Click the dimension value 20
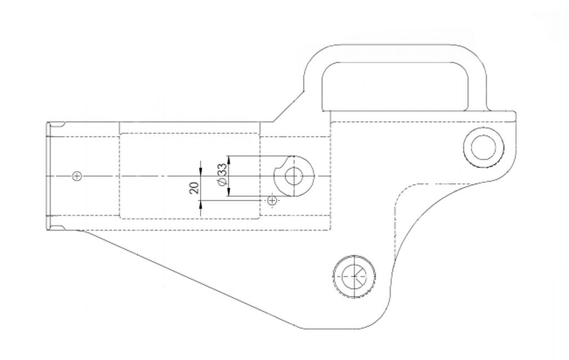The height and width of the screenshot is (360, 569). point(194,188)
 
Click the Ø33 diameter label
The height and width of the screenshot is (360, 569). point(222,175)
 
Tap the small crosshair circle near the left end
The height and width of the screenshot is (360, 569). point(77,176)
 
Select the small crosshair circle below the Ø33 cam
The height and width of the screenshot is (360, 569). point(272,200)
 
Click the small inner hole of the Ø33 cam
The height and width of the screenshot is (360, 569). point(293,176)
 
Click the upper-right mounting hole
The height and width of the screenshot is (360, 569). point(483,147)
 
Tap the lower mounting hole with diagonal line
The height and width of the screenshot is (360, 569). point(354,276)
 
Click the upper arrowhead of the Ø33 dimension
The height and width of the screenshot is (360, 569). point(228,160)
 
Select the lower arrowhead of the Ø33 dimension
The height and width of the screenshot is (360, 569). point(228,192)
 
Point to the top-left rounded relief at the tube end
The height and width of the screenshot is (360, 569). point(57,125)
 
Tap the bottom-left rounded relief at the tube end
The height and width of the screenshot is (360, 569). point(57,228)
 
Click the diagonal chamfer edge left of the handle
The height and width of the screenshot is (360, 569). point(288,107)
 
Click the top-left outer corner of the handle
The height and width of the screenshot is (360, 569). point(313,54)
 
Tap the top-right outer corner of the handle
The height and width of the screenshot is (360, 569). point(477,54)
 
